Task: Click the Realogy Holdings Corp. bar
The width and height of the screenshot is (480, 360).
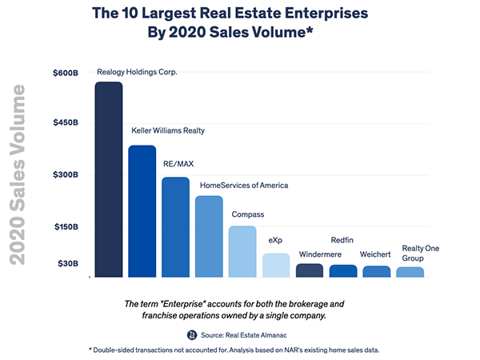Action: coord(108,180)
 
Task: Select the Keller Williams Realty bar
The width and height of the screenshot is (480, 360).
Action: coord(142,211)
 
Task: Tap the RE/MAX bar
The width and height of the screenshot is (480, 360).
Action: coord(175,227)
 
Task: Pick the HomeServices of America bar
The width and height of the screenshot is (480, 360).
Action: coord(209,237)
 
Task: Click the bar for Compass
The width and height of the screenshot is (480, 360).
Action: coord(242,252)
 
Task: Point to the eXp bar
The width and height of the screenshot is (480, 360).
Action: coord(276,266)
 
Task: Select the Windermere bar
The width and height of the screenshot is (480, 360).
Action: coord(310,270)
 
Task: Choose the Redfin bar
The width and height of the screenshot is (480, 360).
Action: coord(343,271)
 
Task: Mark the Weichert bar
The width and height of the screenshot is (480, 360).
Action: coord(377,272)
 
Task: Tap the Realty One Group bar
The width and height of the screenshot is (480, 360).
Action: coord(410,272)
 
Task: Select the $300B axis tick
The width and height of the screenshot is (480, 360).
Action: coord(66,175)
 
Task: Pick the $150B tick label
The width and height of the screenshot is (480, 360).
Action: coord(66,227)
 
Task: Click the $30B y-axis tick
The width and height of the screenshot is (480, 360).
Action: coord(69,264)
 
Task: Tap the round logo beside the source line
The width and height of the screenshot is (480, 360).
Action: coord(192,334)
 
